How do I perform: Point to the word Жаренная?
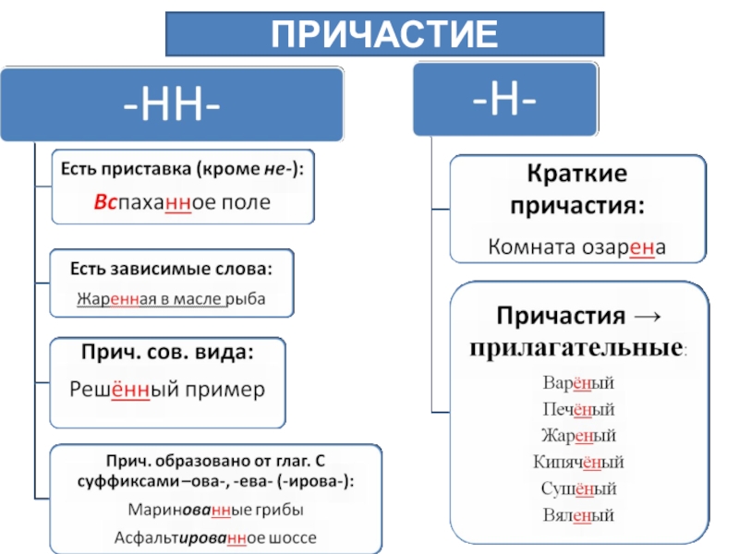[x=113, y=298]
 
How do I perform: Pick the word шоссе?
[x=294, y=536]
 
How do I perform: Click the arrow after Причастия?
[x=649, y=315]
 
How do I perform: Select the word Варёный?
[x=579, y=382]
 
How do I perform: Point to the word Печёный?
[x=579, y=409]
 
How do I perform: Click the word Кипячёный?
[x=579, y=462]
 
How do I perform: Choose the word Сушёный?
[x=579, y=488]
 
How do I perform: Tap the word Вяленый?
[x=579, y=515]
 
